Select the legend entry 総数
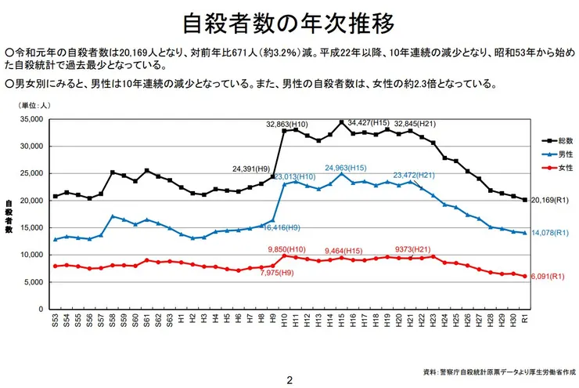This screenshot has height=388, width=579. click(561, 140)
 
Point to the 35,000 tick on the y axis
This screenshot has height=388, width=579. click(28, 119)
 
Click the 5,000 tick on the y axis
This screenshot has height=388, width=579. click(31, 282)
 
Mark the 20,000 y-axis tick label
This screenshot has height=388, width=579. click(28, 201)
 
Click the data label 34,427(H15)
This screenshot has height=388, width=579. click(369, 122)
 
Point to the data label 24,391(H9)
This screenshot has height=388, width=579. click(253, 168)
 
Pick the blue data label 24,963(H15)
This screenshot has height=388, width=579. click(347, 168)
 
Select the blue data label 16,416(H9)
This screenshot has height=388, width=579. click(279, 227)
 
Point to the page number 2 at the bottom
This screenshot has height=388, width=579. click(289, 380)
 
